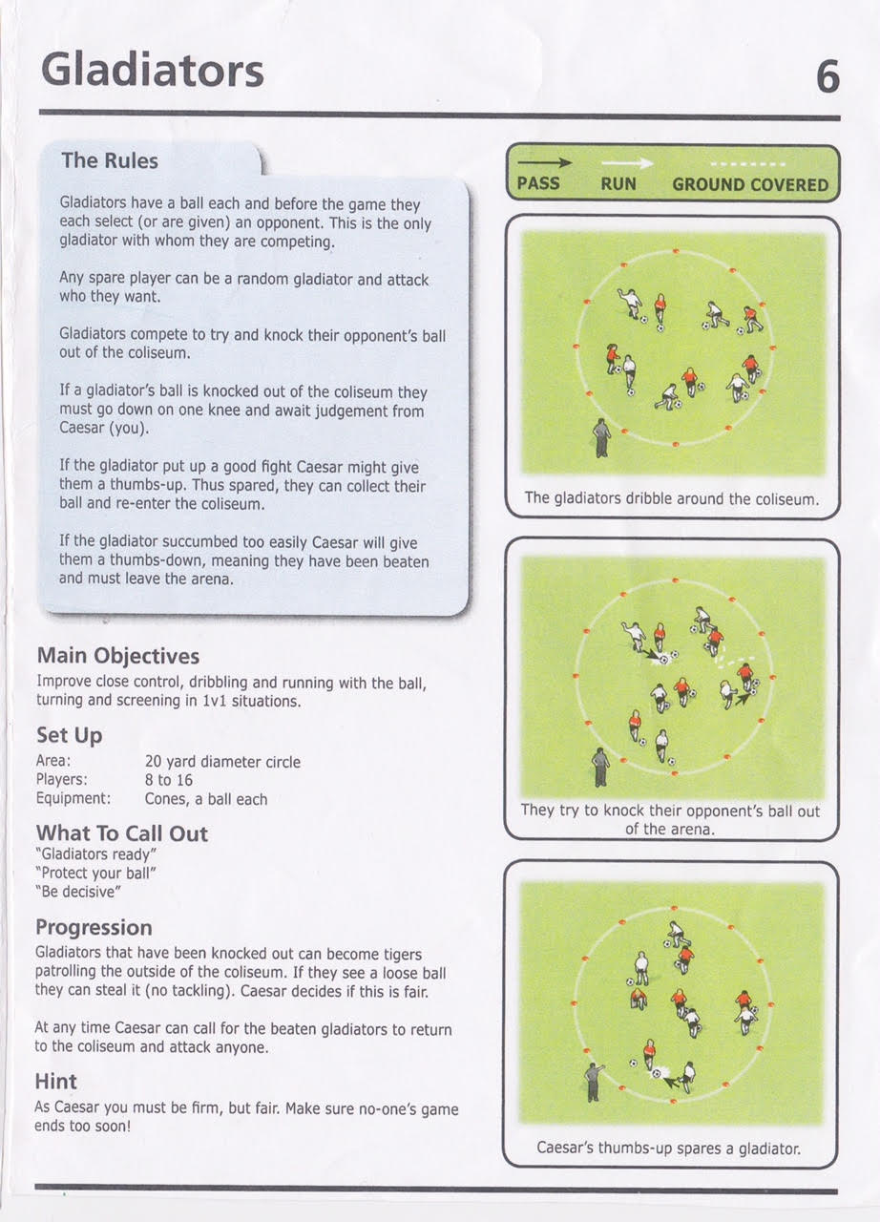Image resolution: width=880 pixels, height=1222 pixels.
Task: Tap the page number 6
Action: [828, 76]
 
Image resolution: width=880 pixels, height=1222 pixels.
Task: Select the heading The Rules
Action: [110, 160]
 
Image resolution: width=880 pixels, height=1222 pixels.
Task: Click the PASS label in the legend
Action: [537, 183]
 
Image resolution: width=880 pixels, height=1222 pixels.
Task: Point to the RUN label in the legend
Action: [618, 183]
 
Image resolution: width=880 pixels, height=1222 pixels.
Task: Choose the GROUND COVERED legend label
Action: [750, 184]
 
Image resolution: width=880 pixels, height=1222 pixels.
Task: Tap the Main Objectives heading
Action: [118, 656]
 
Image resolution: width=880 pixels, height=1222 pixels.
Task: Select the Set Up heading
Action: [69, 735]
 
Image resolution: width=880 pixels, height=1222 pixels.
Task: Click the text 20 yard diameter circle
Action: [222, 762]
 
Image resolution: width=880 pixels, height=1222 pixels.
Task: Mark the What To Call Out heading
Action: [121, 833]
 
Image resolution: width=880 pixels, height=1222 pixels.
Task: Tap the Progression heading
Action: [94, 927]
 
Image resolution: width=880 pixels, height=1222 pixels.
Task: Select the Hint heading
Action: [56, 1082]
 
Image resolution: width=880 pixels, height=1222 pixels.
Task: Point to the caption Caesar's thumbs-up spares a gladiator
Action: [669, 1148]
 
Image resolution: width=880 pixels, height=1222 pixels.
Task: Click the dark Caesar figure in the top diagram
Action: [601, 437]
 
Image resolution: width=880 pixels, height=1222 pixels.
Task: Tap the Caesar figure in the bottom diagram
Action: [593, 1081]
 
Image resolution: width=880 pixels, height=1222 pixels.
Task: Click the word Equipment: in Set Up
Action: [73, 798]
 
